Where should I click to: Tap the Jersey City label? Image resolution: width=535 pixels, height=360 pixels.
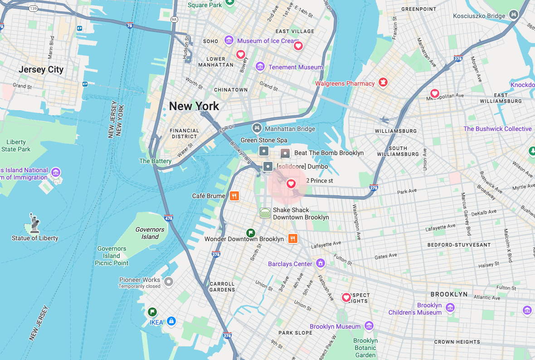[x=41, y=69]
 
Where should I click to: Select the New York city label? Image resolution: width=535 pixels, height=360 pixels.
[x=194, y=106]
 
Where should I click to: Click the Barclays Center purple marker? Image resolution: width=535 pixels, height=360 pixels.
[x=321, y=263]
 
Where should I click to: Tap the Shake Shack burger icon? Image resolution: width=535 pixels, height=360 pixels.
[x=265, y=213]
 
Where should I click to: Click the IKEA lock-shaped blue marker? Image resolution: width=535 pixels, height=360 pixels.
[x=171, y=321]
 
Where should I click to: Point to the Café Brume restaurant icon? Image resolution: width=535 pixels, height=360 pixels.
[x=234, y=196]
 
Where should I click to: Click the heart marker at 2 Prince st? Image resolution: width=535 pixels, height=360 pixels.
[x=291, y=184]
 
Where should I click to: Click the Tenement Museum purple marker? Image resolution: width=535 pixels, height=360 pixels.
[x=260, y=67]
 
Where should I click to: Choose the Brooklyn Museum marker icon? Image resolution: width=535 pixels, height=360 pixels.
[x=369, y=326]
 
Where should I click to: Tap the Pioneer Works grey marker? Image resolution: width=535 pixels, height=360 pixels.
[x=169, y=282]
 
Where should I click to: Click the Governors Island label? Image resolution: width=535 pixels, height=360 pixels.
[x=150, y=233]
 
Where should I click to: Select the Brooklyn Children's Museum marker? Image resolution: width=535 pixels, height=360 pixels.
[x=450, y=308]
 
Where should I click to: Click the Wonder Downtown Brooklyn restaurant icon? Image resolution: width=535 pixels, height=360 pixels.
[x=293, y=238]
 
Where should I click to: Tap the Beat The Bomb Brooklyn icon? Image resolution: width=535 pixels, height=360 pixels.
[x=285, y=153]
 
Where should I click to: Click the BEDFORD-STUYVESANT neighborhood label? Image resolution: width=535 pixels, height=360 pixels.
[x=459, y=245]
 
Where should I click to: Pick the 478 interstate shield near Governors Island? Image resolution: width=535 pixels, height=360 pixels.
[x=169, y=218]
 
